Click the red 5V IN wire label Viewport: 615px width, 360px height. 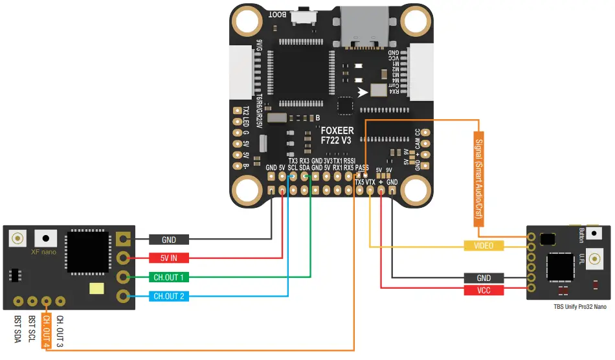pyautogui.click(x=169, y=258)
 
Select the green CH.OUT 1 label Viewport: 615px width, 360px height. pyautogui.click(x=169, y=277)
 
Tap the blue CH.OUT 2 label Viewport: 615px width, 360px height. pyautogui.click(x=169, y=297)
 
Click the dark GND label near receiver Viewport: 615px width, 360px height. pyautogui.click(x=169, y=240)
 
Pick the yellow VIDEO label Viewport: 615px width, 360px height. pyautogui.click(x=484, y=246)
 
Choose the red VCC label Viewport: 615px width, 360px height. pyautogui.click(x=484, y=291)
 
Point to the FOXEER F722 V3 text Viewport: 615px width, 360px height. pyautogui.click(x=337, y=134)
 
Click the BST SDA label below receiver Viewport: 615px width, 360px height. pyautogui.click(x=17, y=329)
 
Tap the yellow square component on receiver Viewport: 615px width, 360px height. pyautogui.click(x=97, y=289)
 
